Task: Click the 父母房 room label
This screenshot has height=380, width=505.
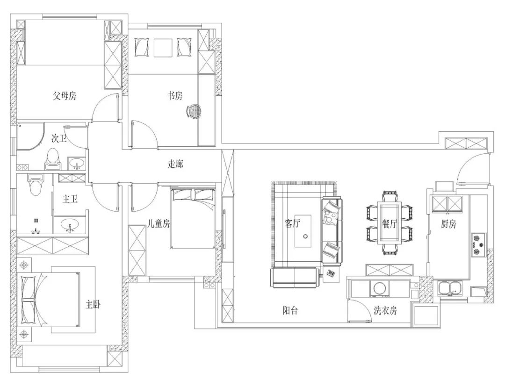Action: [x=65, y=96]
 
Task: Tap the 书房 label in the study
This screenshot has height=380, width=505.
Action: [x=175, y=96]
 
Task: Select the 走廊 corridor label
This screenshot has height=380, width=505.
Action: [x=175, y=164]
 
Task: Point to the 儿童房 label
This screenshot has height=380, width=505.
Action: [x=159, y=223]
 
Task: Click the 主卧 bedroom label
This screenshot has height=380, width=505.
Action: [x=94, y=304]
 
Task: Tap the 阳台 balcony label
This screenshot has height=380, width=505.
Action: [x=290, y=310]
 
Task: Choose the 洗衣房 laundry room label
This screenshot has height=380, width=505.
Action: [x=385, y=310]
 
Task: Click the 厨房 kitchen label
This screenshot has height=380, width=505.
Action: [x=448, y=224]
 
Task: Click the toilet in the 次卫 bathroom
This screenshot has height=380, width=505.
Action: [x=52, y=159]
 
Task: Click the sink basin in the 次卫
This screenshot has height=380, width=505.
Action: [x=77, y=163]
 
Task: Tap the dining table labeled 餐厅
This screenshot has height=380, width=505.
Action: [x=389, y=222]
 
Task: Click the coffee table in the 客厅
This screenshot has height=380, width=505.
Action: [x=303, y=231]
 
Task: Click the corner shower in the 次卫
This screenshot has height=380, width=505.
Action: [x=30, y=136]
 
